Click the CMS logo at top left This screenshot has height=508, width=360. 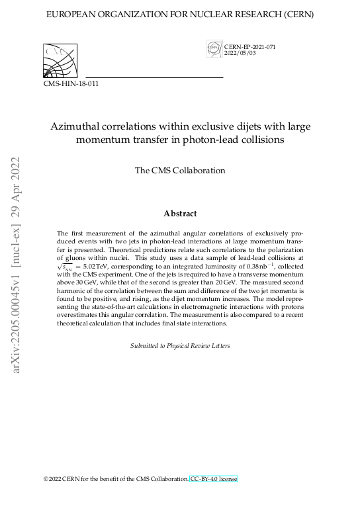pos(60,61)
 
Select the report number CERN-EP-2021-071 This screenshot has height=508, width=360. pos(249,46)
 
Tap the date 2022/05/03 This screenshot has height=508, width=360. pos(240,53)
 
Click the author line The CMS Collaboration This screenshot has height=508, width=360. pos(180,170)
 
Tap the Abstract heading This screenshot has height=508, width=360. pos(180,213)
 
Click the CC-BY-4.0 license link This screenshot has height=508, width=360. pos(213,478)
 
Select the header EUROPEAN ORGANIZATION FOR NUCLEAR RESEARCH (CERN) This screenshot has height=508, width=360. pos(180,14)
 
